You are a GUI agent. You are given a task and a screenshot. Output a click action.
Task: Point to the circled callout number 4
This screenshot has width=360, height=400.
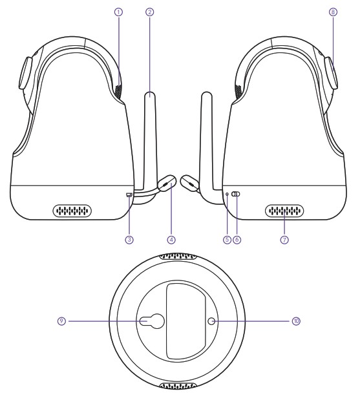171,238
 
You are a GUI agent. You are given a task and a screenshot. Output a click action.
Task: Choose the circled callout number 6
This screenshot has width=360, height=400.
237,238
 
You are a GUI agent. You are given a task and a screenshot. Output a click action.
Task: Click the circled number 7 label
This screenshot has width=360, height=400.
284,238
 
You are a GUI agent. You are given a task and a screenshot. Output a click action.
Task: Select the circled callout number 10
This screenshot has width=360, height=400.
296,319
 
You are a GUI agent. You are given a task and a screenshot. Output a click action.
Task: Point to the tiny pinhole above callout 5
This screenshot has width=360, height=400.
227,193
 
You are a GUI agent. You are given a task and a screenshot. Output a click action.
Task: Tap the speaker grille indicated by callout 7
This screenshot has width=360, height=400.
284,211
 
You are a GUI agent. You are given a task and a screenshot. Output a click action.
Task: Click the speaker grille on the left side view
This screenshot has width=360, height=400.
72,211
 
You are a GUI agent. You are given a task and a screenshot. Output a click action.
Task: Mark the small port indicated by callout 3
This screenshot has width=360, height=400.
129,194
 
